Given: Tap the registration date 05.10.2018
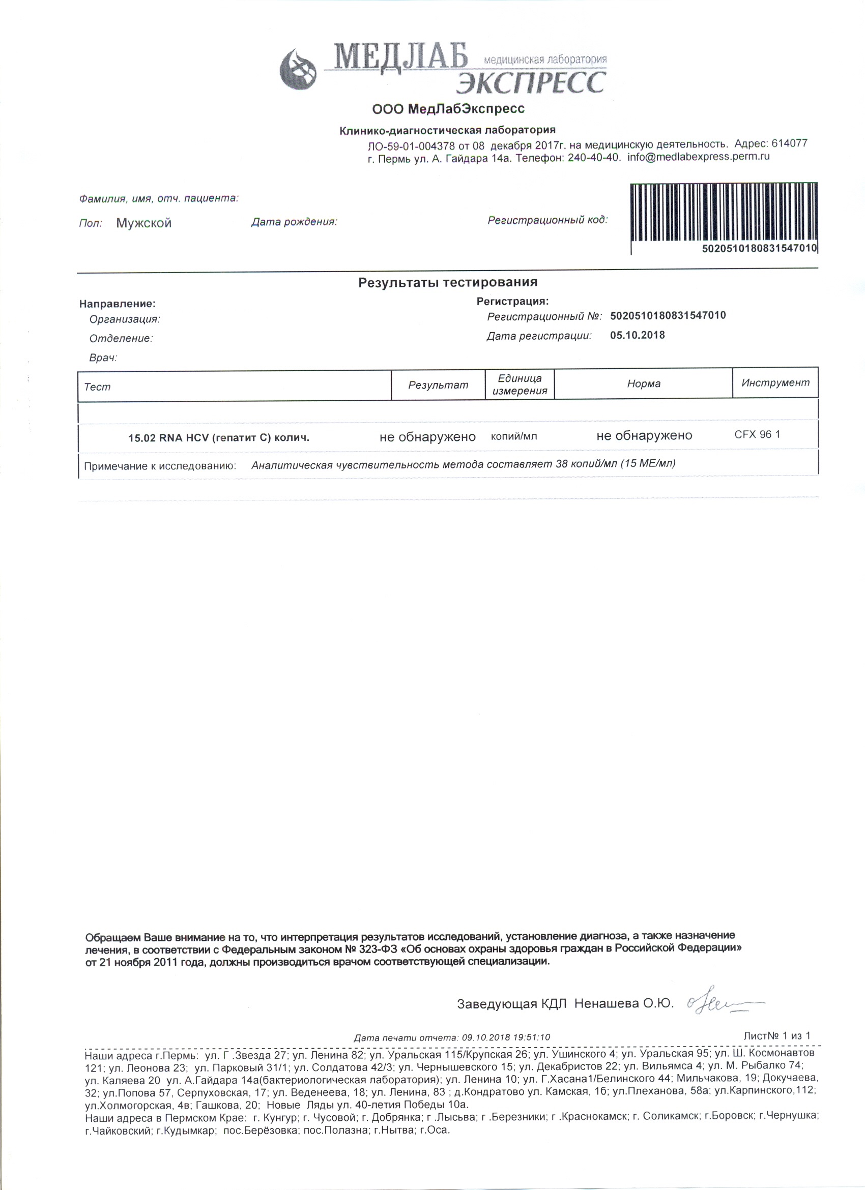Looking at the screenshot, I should [637, 335].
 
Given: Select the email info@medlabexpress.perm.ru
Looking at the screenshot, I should [699, 157].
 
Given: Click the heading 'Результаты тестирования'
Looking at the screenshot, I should [448, 282].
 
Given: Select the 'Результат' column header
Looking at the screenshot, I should [438, 385].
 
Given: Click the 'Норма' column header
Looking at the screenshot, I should [644, 383].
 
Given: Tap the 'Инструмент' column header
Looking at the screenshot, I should [775, 383].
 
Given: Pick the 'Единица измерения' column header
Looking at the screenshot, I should [520, 384].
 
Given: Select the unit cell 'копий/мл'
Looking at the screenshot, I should [514, 436].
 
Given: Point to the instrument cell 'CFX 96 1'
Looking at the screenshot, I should [757, 434].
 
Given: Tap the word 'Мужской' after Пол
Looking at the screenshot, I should [144, 223].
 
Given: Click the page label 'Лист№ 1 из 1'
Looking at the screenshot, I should [777, 1036].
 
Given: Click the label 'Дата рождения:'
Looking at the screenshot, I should [294, 222].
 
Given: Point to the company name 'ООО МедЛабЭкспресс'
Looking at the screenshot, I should [448, 109].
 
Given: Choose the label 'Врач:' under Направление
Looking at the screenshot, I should [103, 358].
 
